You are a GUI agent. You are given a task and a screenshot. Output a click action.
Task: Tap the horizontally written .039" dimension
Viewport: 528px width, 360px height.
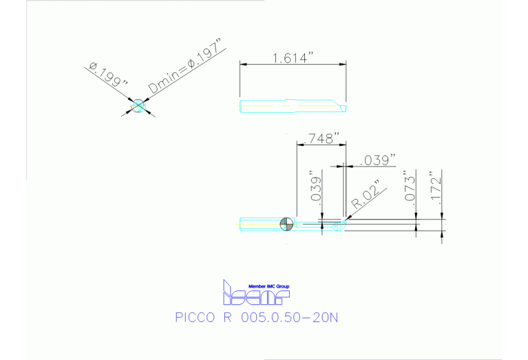click(x=377, y=160)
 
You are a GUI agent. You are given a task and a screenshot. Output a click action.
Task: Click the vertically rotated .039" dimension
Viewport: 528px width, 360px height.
click(x=316, y=187)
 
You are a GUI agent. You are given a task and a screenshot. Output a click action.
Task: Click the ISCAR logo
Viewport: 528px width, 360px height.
click(x=255, y=295)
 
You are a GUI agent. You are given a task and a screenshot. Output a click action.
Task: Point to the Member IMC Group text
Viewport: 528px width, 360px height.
click(x=264, y=286)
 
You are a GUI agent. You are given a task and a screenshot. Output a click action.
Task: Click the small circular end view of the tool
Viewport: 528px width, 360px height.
click(x=138, y=105)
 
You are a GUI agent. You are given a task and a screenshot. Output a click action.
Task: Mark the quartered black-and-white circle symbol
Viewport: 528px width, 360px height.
click(x=288, y=223)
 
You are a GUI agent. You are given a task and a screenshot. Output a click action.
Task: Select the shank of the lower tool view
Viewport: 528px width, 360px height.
click(x=262, y=223)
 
